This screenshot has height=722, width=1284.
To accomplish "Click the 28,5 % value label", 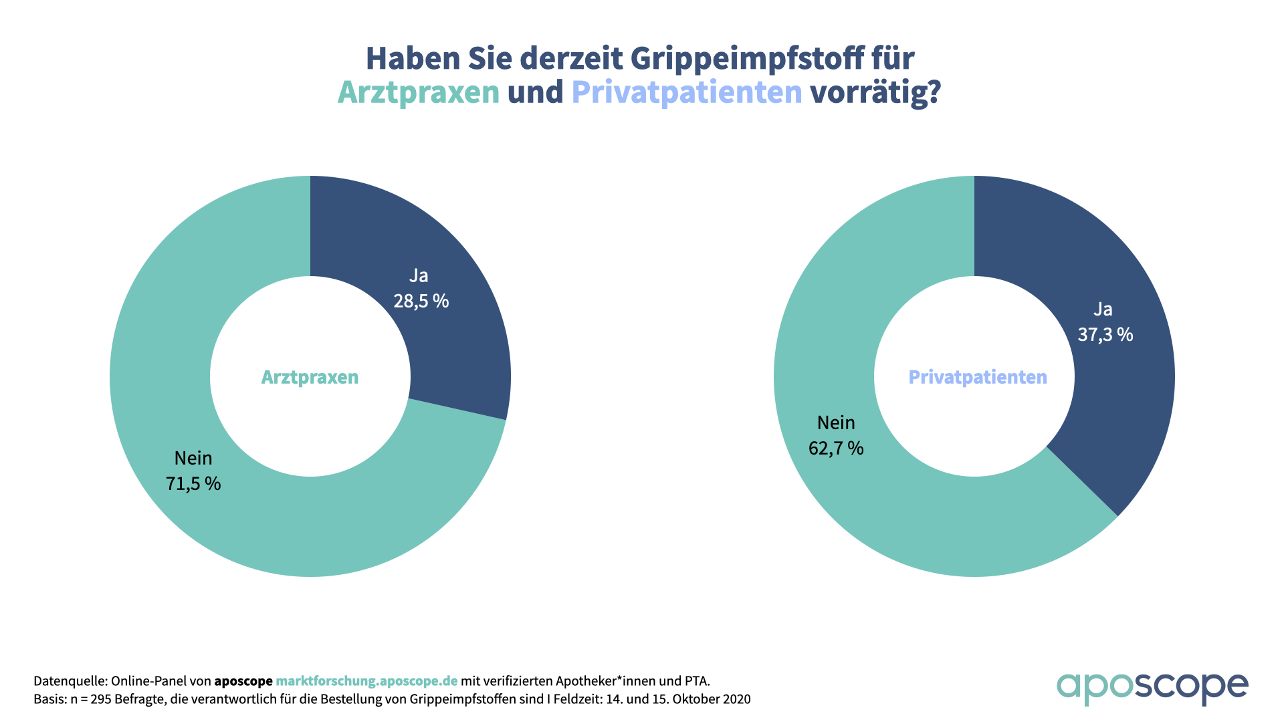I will pos(421,301).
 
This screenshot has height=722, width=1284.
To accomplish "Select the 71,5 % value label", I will pos(193,483).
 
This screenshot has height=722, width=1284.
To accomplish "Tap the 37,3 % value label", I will pos(1105,334).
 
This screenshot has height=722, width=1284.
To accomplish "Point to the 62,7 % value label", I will pos(836,448).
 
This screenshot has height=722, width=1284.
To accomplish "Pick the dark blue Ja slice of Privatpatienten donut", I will pos(1123,401).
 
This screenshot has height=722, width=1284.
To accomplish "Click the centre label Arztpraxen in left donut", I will pos(310,377).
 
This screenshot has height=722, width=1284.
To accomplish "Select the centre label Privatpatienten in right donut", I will pos(977,377).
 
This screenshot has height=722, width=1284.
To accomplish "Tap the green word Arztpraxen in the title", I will pos(418,92).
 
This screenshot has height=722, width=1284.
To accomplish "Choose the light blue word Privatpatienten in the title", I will pos(686,92).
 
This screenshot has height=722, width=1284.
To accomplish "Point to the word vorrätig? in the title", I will pos(875,92).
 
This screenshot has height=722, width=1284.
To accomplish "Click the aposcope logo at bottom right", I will pos(1152,687).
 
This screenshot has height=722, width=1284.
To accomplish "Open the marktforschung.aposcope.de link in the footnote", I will pos(366,681).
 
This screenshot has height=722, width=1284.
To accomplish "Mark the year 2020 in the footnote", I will pos(736,699).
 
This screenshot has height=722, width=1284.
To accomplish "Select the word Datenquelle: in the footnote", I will pos(70,681).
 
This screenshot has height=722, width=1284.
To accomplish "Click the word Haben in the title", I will pos(413,59).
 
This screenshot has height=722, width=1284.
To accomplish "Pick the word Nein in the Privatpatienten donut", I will pos(836,423).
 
